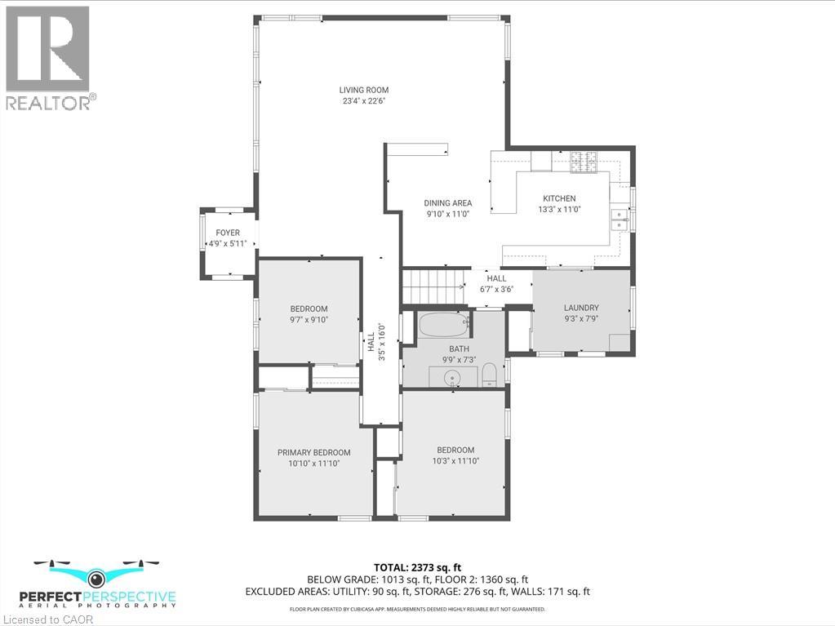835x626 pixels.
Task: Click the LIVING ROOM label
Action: (x=364, y=90)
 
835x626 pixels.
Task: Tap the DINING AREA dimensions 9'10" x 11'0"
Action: (x=448, y=214)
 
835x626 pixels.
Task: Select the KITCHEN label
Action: (x=559, y=198)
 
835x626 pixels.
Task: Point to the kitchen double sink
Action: (x=620, y=220)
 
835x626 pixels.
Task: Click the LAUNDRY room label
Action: (x=581, y=308)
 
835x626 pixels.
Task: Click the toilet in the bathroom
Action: (x=490, y=375)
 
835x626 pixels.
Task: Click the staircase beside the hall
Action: (x=433, y=286)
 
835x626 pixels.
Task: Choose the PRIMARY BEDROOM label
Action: (x=313, y=452)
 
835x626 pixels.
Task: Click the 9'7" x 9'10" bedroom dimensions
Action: (x=309, y=320)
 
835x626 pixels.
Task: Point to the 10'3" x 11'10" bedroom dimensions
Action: (x=455, y=461)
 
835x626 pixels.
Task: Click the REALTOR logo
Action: (x=48, y=57)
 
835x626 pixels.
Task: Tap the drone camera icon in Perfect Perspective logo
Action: (x=96, y=579)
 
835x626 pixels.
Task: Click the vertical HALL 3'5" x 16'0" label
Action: (x=375, y=341)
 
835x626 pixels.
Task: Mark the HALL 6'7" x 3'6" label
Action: (x=496, y=283)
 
